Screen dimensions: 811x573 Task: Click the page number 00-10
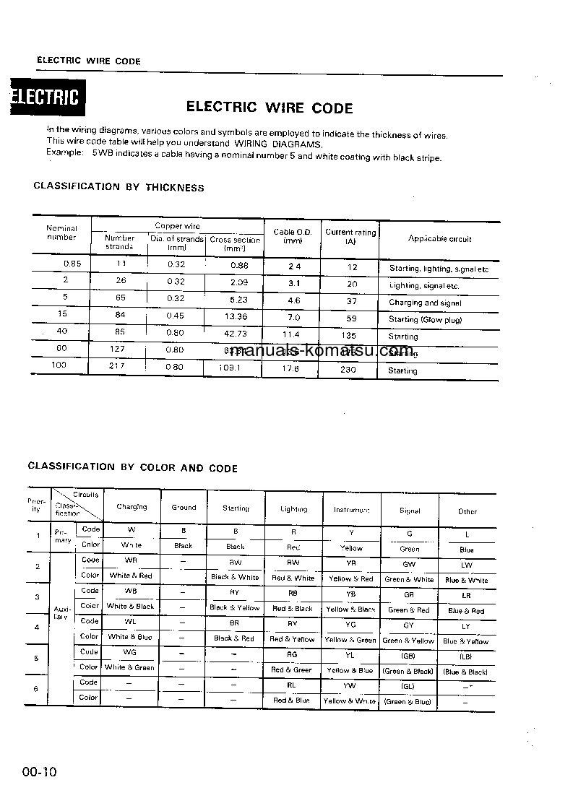click(39, 772)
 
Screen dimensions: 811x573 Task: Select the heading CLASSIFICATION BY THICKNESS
click(119, 187)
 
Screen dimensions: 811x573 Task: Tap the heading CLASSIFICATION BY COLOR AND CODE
click(132, 468)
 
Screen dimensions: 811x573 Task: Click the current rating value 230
click(350, 370)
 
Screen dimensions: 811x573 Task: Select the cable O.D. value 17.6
click(292, 369)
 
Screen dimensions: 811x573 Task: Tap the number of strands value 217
click(118, 366)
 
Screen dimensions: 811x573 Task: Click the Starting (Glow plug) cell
click(425, 319)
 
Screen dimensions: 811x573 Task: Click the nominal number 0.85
click(72, 264)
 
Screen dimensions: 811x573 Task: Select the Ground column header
click(184, 508)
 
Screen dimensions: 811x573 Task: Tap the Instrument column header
click(351, 510)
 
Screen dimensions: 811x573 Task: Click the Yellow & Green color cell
click(350, 640)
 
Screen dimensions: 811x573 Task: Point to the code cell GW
click(409, 564)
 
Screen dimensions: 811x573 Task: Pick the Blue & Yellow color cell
click(466, 641)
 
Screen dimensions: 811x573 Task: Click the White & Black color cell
click(130, 607)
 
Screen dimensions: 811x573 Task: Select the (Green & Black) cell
click(408, 672)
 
